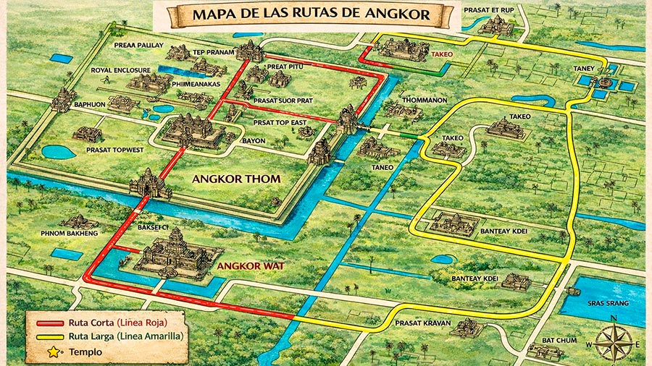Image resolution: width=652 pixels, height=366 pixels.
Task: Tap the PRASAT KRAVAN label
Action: (420, 323)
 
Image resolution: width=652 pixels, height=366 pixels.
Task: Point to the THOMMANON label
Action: (425, 100)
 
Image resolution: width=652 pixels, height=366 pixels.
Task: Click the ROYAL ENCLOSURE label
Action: (120, 70)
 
